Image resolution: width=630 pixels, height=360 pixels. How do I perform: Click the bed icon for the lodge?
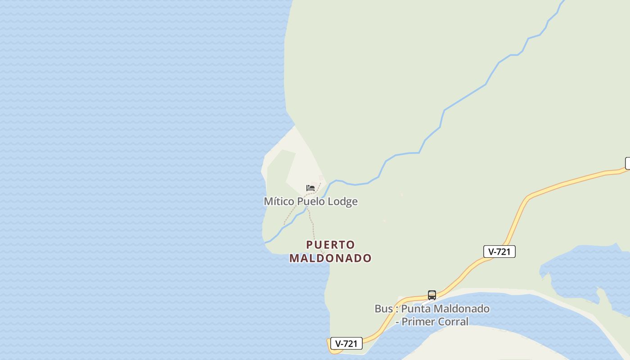coord(310,188)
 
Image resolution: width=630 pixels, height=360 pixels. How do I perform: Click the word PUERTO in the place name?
coord(331,245)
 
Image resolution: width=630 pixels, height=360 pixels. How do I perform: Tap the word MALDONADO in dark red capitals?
coord(331,258)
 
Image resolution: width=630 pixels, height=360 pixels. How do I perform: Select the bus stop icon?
coord(432,295)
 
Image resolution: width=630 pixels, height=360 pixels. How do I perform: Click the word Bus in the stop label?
coord(383,309)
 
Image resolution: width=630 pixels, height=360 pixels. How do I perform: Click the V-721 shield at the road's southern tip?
coord(346,344)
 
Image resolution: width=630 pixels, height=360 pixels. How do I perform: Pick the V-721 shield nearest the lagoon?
coord(499,252)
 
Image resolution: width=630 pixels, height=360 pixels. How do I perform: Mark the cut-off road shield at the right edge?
coord(627,163)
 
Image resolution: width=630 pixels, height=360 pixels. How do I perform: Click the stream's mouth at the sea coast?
coord(266,243)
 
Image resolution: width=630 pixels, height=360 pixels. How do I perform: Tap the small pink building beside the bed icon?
coord(321,178)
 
